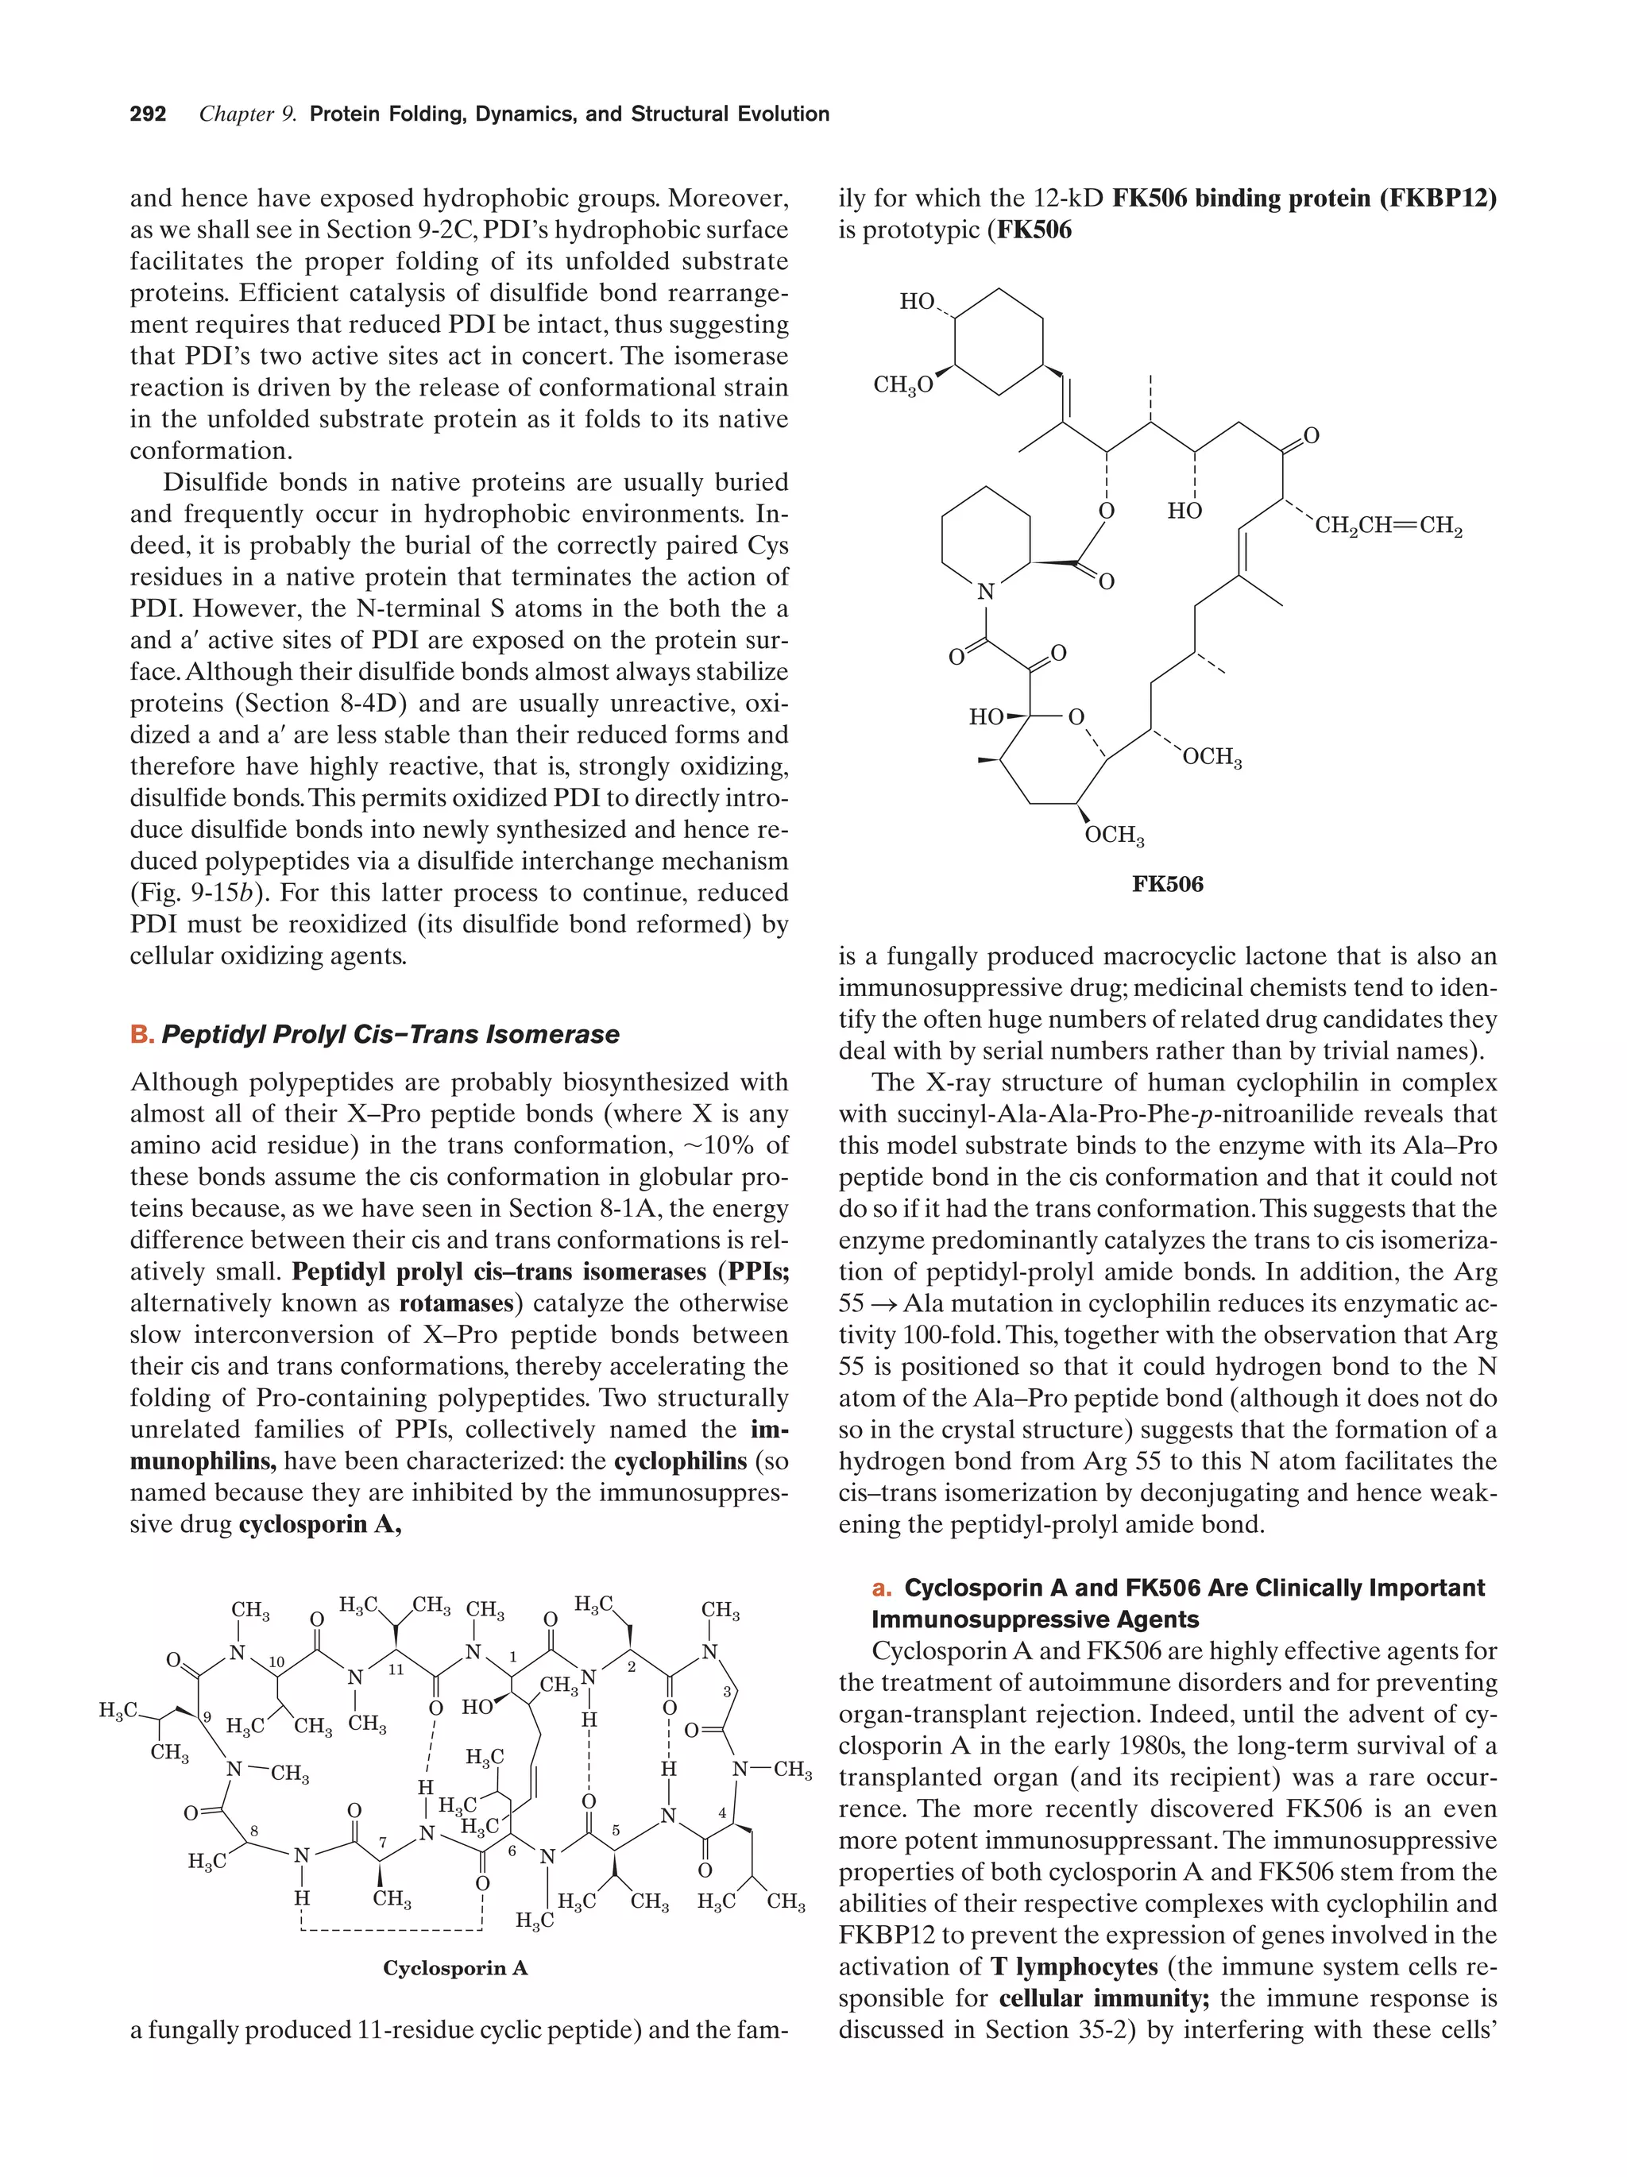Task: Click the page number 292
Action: coord(148,114)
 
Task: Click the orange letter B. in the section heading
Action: coord(141,1034)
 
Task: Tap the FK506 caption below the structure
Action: coord(1166,884)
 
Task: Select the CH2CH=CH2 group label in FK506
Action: coord(1388,527)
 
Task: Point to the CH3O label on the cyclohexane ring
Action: coord(902,385)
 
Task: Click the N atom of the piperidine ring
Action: coord(985,592)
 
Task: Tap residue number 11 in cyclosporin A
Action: coord(396,1669)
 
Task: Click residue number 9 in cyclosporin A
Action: coord(207,1716)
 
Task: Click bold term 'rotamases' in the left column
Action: coord(458,1303)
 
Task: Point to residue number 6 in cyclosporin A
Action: coord(512,1851)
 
